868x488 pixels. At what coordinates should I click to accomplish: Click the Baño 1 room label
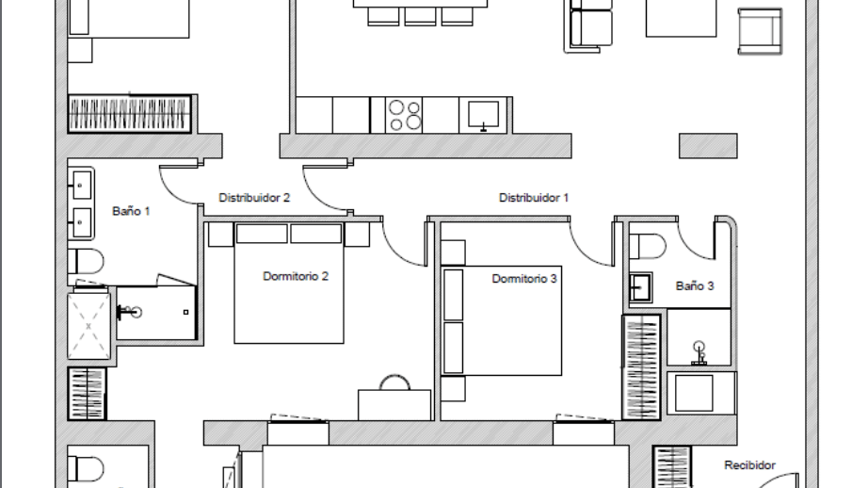(x=131, y=212)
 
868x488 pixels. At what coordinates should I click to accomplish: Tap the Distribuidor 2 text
(x=254, y=198)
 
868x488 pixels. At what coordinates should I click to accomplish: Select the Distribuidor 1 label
(x=534, y=198)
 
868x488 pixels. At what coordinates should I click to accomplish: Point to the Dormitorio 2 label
(x=295, y=277)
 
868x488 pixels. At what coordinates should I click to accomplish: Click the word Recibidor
(x=749, y=465)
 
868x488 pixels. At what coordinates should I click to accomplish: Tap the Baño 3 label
(x=695, y=286)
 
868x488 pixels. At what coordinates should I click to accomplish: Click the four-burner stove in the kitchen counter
(x=405, y=115)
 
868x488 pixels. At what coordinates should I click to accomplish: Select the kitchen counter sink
(x=482, y=115)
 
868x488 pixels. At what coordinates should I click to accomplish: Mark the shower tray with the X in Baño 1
(x=88, y=326)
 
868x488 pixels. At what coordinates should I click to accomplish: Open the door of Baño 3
(x=698, y=241)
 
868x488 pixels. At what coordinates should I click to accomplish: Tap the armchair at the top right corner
(x=760, y=30)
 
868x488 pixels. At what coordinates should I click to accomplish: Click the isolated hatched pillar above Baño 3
(x=708, y=145)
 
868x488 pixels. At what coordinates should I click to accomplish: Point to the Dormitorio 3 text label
(x=524, y=279)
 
